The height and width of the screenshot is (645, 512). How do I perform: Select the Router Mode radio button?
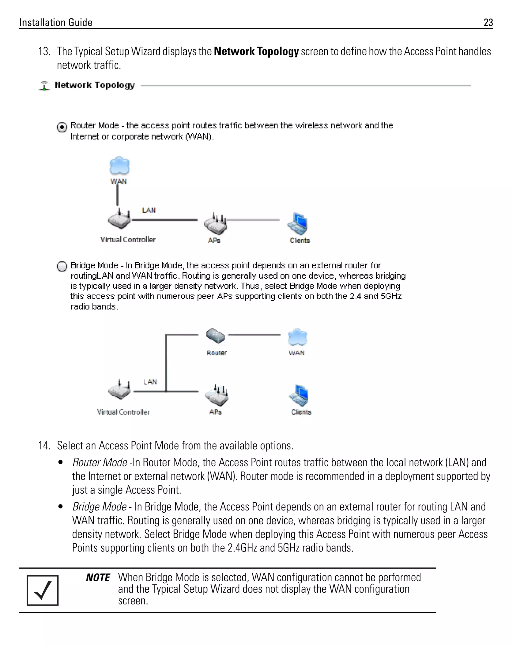(x=62, y=128)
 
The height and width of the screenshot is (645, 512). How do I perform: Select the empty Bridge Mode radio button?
(x=62, y=266)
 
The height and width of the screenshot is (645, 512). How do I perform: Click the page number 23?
(x=488, y=23)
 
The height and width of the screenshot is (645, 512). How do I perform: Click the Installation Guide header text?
(x=56, y=23)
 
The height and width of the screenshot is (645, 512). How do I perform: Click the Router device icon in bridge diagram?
(x=215, y=336)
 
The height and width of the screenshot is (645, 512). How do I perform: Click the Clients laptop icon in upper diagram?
(x=298, y=224)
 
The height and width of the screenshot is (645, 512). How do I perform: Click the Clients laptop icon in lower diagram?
(x=299, y=395)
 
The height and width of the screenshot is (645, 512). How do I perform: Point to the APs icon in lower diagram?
(x=217, y=395)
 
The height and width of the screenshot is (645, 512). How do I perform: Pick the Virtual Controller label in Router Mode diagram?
(x=128, y=240)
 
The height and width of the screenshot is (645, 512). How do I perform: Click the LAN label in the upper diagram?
(x=149, y=210)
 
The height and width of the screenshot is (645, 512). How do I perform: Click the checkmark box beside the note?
(x=42, y=590)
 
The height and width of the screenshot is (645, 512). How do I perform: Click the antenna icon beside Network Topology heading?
(x=44, y=86)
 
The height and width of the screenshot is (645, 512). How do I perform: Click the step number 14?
(x=44, y=446)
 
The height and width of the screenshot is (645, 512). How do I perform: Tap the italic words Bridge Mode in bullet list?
(x=99, y=507)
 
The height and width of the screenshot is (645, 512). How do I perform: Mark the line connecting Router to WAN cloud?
(x=254, y=335)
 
